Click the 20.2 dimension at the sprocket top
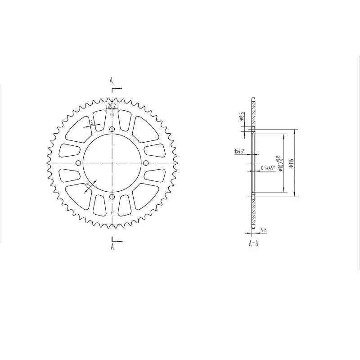click(x=112, y=106)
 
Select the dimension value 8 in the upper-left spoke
click(x=91, y=123)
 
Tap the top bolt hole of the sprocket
click(x=112, y=129)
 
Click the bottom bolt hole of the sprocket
click(x=112, y=197)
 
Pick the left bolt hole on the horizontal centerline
click(x=78, y=163)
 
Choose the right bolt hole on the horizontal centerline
click(x=146, y=163)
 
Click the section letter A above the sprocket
click(x=111, y=81)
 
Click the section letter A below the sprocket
click(x=112, y=247)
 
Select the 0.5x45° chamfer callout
click(x=268, y=168)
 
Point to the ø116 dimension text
click(x=292, y=163)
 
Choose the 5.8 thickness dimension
click(x=263, y=230)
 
